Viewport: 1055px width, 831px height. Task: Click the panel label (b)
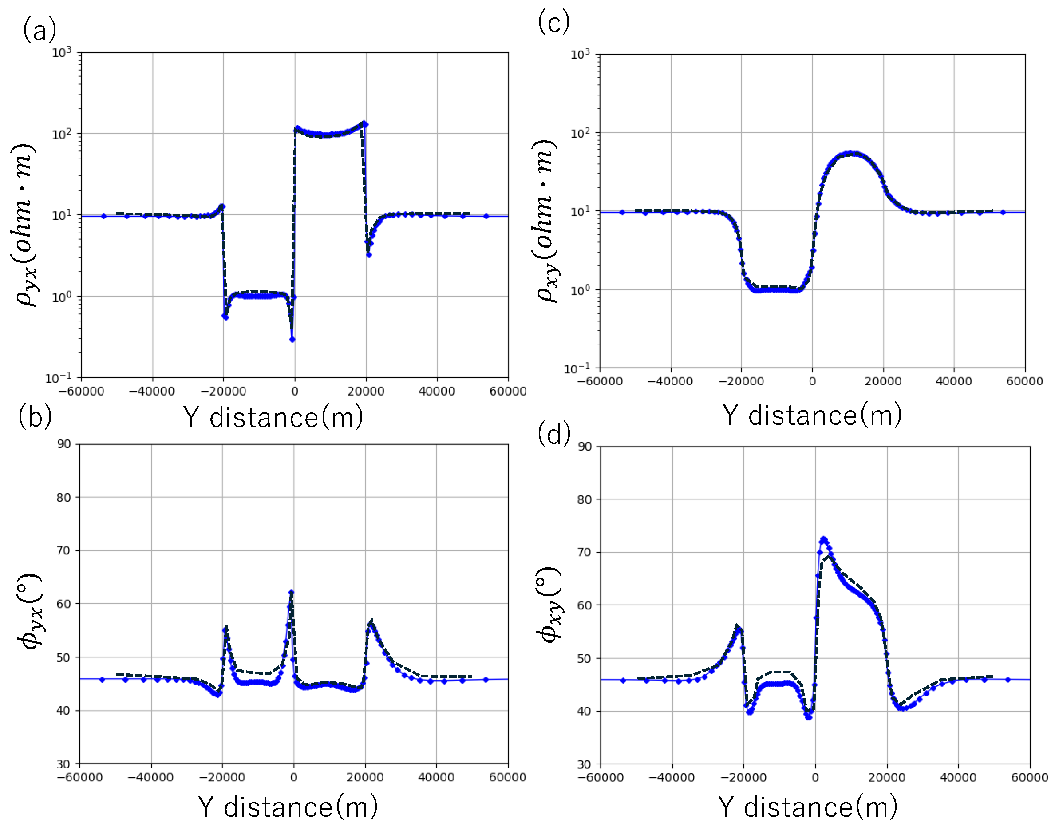(x=35, y=417)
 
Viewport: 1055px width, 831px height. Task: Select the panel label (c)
(x=553, y=22)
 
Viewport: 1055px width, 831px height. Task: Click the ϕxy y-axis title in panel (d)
(x=549, y=605)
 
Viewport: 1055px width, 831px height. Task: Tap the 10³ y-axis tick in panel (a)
(x=62, y=52)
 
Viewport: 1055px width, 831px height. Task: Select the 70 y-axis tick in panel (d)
(x=584, y=552)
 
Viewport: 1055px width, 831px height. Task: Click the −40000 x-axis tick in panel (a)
(x=152, y=391)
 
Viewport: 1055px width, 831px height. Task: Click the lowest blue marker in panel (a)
(x=292, y=339)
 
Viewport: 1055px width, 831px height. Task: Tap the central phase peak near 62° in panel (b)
(x=291, y=592)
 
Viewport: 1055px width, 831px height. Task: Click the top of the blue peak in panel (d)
(x=823, y=539)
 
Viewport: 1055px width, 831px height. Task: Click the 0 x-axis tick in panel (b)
(x=294, y=777)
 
